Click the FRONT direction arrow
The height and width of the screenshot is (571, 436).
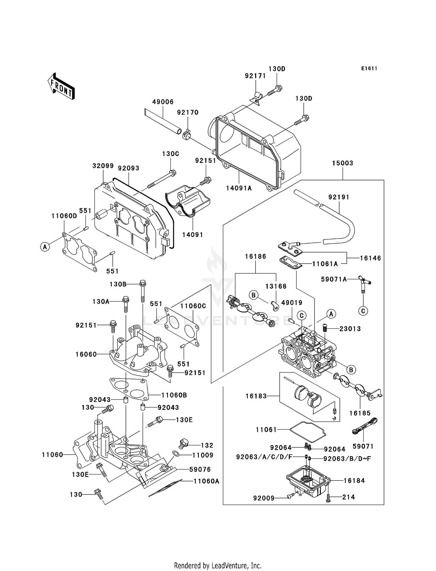[x=61, y=87]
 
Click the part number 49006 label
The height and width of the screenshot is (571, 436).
[x=163, y=102]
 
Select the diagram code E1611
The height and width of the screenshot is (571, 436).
[x=369, y=68]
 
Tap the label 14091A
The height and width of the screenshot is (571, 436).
[x=239, y=188]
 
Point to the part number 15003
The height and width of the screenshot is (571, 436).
[x=343, y=163]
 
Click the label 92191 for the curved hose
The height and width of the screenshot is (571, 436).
[x=339, y=197]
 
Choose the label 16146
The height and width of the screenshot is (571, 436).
[x=370, y=258]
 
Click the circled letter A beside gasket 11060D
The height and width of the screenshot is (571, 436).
[x=45, y=247]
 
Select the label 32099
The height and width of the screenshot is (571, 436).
[x=103, y=166]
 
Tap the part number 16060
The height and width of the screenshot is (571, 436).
[x=86, y=354]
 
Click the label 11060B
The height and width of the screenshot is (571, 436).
[x=174, y=395]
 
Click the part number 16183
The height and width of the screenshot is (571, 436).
[x=256, y=396]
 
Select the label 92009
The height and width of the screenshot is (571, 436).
[x=264, y=498]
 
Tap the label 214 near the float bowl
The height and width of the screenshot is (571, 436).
[x=349, y=497]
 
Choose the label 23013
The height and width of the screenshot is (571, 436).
[x=350, y=329]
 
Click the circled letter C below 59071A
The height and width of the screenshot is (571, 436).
[x=363, y=311]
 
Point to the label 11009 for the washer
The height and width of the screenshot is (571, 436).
[x=203, y=455]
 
